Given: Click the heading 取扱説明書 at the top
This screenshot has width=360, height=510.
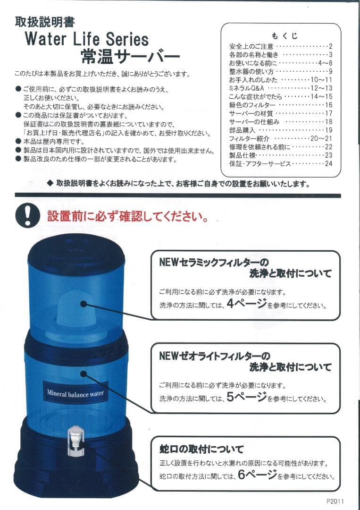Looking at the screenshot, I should coord(44,22).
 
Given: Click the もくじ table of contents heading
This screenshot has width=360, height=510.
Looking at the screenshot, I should coord(285,36).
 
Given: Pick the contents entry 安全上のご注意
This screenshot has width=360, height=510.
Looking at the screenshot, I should coord(251,46).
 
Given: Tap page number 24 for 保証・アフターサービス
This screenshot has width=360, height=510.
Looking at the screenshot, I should coord(328,163).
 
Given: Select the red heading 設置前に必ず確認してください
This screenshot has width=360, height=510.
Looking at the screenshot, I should coord(128,217).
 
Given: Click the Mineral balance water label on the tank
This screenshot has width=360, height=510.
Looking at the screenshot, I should coord(75,393).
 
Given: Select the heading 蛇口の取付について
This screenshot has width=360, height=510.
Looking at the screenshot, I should coord(201,449).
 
